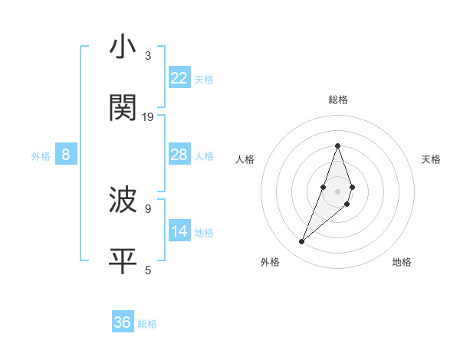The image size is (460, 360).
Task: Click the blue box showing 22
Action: (179, 78)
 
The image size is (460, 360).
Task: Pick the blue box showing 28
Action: (179, 155)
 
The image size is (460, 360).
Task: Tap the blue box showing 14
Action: (179, 231)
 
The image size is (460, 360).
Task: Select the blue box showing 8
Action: (66, 155)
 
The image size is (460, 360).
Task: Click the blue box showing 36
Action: (123, 322)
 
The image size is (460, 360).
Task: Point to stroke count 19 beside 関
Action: (148, 117)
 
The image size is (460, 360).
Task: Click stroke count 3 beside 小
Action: (148, 56)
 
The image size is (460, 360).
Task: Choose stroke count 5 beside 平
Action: (148, 270)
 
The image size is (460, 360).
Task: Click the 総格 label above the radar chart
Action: (337, 100)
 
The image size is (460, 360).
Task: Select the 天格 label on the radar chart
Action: (431, 159)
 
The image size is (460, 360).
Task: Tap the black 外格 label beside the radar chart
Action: (270, 262)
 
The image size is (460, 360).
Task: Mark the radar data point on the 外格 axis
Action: (302, 242)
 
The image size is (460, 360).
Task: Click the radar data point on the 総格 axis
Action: (337, 146)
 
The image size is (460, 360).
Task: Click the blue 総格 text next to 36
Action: (147, 324)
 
